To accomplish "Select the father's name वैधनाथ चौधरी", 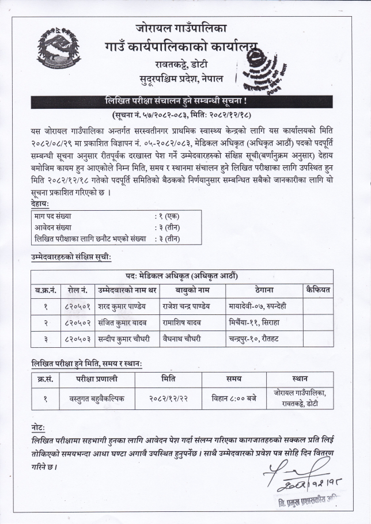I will coord(185,340).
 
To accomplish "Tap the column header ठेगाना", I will coord(263,290).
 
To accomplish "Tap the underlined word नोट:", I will coord(40,429).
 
